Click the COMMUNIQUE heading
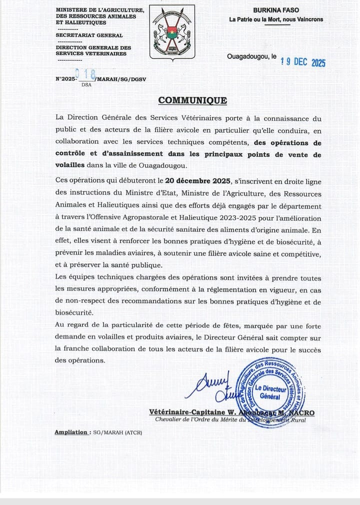[192, 100]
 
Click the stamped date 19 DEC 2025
[303, 62]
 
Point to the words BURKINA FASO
[275, 10]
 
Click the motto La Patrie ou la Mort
[276, 20]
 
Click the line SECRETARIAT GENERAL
[89, 35]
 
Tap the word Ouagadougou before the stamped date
[248, 56]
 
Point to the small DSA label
[86, 85]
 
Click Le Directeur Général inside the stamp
[270, 392]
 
